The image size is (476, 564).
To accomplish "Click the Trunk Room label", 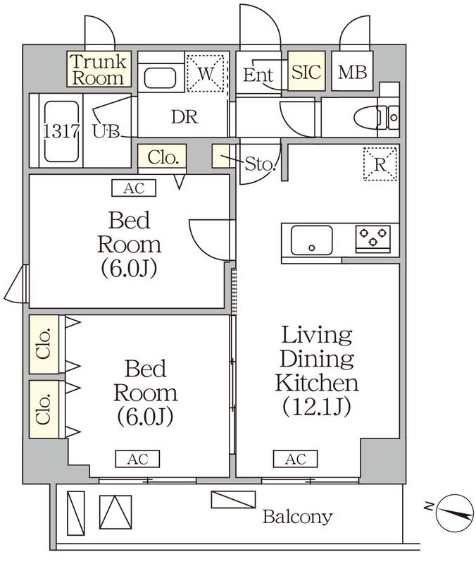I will (99, 69).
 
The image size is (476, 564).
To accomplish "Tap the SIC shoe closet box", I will (306, 72).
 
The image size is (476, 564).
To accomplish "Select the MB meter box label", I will (352, 72).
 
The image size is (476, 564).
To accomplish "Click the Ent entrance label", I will (258, 74).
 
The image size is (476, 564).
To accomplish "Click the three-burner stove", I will (373, 238).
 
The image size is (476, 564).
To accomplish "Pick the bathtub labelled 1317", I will (61, 130).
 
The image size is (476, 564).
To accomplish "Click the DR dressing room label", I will (184, 118).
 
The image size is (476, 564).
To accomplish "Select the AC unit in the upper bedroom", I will (133, 188).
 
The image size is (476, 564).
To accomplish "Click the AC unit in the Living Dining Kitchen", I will (295, 460).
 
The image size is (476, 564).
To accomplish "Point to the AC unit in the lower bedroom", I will (137, 460).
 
